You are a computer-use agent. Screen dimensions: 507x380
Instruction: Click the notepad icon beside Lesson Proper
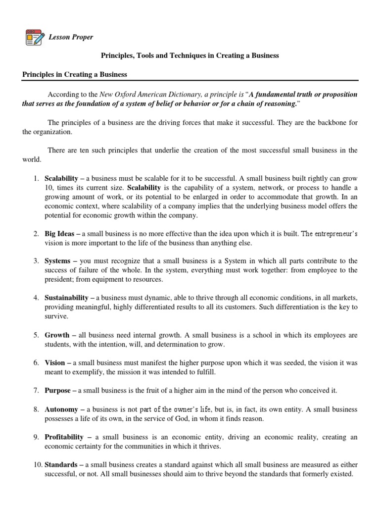34,37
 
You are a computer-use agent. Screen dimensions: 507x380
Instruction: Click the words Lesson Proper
70,37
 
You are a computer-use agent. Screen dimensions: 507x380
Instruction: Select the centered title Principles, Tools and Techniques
190,55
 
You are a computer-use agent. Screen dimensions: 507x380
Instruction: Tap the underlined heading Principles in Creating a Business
75,74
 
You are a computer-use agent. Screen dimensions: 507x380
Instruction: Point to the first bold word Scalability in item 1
61,178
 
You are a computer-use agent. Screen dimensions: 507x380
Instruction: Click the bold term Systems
58,260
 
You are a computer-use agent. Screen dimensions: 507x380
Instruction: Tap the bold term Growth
57,335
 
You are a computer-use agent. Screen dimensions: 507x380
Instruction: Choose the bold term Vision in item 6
55,363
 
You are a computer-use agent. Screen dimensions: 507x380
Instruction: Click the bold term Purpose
58,391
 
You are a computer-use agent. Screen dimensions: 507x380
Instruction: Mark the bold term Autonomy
61,409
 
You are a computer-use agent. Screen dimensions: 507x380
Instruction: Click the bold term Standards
61,465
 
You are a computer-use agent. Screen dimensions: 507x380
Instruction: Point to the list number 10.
38,465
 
